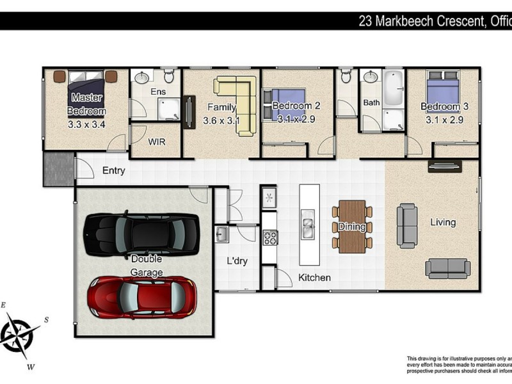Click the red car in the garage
pos(142,297)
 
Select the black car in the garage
pos(141,234)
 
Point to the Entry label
pos(113,171)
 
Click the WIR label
pos(157,142)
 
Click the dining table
pos(352,227)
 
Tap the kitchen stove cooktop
pos(270,237)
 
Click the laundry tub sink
pos(222,234)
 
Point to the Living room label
pos(443,222)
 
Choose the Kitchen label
pos(315,278)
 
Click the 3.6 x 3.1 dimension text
pos(221,120)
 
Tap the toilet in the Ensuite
pos(169,77)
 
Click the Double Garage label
pos(147,266)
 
